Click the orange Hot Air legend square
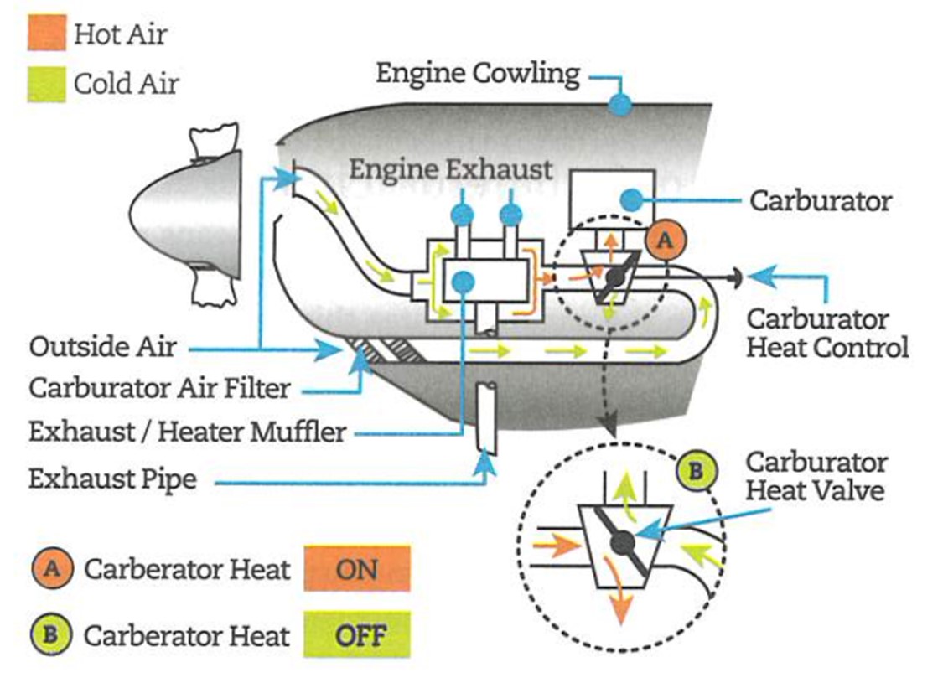[x=47, y=33]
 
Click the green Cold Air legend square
[x=47, y=84]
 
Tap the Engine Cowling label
[x=477, y=74]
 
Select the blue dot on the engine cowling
[x=619, y=104]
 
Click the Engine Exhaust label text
[x=450, y=169]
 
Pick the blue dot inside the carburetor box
[x=631, y=199]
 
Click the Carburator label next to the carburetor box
[x=821, y=201]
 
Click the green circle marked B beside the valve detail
[x=695, y=470]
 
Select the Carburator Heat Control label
[x=826, y=333]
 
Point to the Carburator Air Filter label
[x=159, y=389]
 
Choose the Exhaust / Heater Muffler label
[x=187, y=432]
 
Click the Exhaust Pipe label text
[x=112, y=479]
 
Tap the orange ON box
[x=357, y=569]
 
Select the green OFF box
[x=357, y=634]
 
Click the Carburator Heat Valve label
[x=815, y=475]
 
